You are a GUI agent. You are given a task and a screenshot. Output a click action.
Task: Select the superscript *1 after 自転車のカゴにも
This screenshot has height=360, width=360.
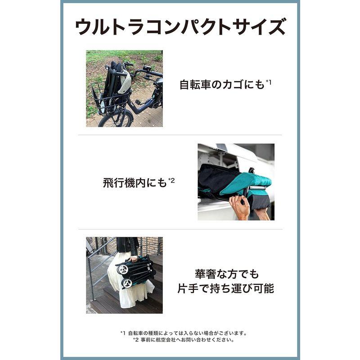pyautogui.click(x=268, y=81)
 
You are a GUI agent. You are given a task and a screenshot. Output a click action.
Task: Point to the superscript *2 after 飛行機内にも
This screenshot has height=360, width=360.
pyautogui.click(x=171, y=181)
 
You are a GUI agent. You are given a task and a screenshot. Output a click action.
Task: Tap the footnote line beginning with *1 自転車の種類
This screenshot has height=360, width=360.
pyautogui.click(x=184, y=333)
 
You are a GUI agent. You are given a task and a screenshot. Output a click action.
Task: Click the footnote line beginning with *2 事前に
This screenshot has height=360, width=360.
pyautogui.click(x=184, y=340)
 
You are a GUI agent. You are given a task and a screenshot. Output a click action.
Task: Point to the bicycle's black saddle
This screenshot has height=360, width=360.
pyautogui.click(x=159, y=81)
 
